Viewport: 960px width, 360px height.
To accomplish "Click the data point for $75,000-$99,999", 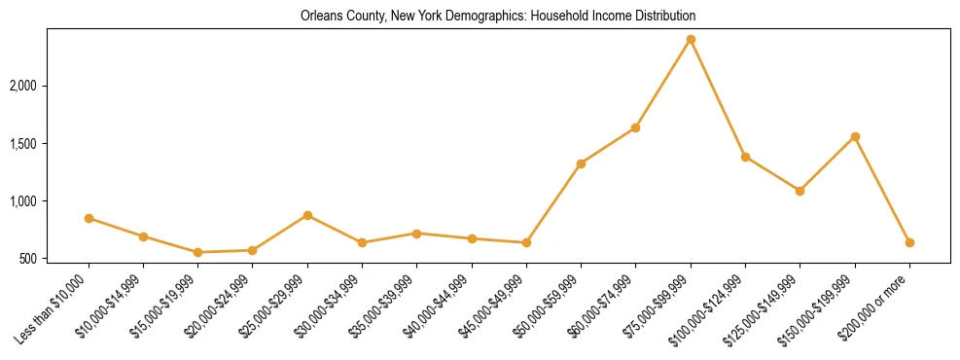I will click(691, 40).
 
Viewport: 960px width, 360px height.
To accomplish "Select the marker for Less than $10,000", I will click(89, 219).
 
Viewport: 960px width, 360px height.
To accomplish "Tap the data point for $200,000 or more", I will click(909, 242).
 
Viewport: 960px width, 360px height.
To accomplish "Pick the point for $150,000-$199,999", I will click(855, 136).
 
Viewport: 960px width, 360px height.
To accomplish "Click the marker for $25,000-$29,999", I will click(307, 215).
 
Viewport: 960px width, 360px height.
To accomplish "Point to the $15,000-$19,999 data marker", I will click(198, 252).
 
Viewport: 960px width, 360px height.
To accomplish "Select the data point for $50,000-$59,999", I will click(581, 163).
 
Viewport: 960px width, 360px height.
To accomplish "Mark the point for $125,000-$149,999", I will click(800, 191).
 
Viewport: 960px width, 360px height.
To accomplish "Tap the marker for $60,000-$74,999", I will click(635, 127).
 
